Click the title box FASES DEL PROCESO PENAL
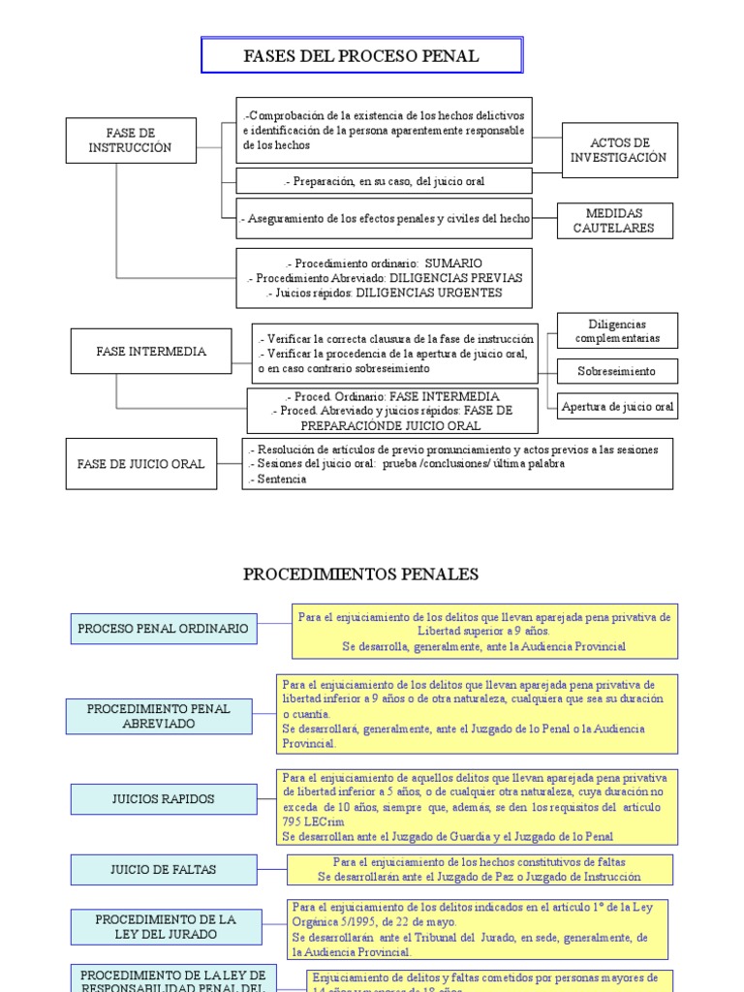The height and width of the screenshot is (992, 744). [361, 56]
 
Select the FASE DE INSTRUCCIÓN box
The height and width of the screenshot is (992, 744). [130, 140]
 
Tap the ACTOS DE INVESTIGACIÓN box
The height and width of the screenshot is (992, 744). [618, 150]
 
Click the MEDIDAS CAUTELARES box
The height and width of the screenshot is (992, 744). [613, 221]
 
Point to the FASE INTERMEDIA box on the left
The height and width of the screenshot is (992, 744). [151, 352]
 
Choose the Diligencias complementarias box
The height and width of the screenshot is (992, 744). [617, 331]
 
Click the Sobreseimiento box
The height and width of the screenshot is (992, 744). [616, 371]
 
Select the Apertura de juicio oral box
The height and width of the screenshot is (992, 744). [617, 407]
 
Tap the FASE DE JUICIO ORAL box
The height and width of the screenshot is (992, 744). [141, 464]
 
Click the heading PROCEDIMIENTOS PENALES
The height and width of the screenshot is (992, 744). [360, 574]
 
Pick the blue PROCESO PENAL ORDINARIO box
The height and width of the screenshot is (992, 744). [163, 629]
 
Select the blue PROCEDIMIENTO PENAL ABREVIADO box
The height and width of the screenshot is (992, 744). [159, 716]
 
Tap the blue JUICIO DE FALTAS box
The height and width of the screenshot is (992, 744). [163, 869]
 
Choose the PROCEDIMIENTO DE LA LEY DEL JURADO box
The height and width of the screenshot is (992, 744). [165, 926]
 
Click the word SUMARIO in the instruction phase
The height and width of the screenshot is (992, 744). [453, 263]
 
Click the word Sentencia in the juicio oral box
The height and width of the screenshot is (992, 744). [281, 479]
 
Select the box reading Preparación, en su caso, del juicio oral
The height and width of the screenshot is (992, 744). [385, 181]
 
